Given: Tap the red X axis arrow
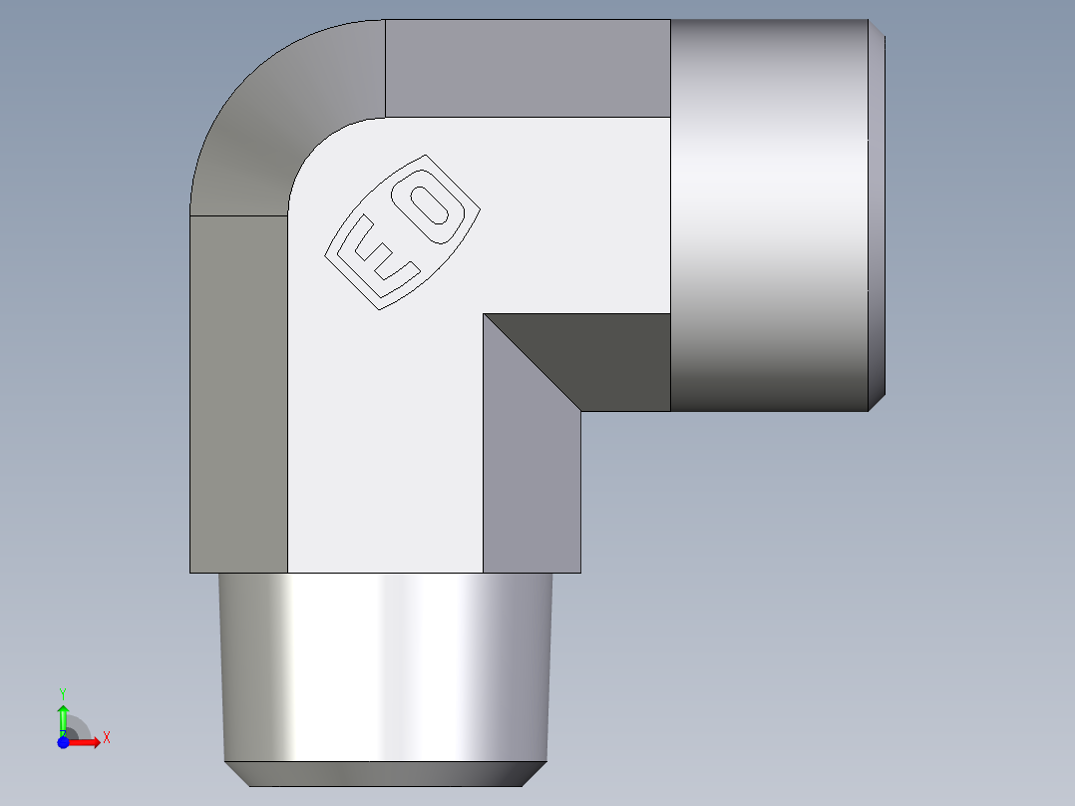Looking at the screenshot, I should pyautogui.click(x=86, y=741).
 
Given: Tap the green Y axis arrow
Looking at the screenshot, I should pyautogui.click(x=63, y=717).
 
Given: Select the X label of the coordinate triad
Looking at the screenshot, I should pyautogui.click(x=106, y=738).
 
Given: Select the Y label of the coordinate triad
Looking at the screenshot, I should pyautogui.click(x=63, y=692).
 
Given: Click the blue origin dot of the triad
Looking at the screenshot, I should pyautogui.click(x=63, y=741).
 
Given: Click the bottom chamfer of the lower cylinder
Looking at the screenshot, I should pyautogui.click(x=384, y=773).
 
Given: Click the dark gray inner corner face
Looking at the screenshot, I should pyautogui.click(x=598, y=359).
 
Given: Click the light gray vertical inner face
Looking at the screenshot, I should pyautogui.click(x=532, y=479).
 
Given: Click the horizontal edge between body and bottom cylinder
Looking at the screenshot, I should pyautogui.click(x=384, y=573).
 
